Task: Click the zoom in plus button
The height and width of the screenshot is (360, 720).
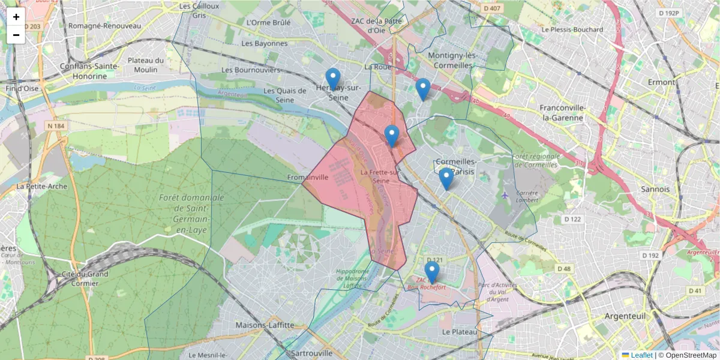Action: (16, 17)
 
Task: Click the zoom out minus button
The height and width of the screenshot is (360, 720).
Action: (16, 35)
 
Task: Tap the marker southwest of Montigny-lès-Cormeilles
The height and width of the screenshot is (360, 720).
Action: (423, 89)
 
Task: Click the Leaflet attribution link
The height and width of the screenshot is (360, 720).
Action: (641, 355)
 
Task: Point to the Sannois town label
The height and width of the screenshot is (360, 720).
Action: (655, 189)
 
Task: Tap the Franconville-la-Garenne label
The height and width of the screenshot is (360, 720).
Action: (562, 113)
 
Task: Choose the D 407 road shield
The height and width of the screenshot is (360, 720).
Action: (491, 8)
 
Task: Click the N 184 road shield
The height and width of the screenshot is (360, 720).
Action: (55, 125)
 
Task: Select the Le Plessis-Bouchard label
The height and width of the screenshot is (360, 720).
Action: (572, 29)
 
